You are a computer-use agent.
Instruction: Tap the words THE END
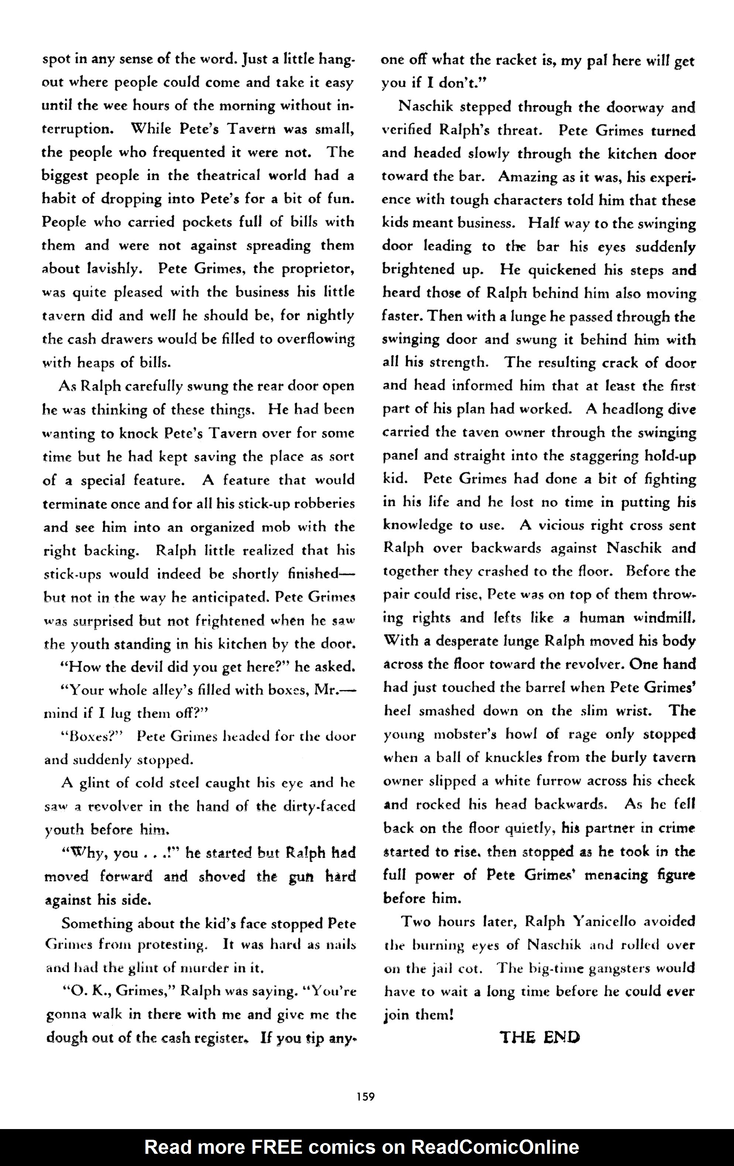[539, 1037]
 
